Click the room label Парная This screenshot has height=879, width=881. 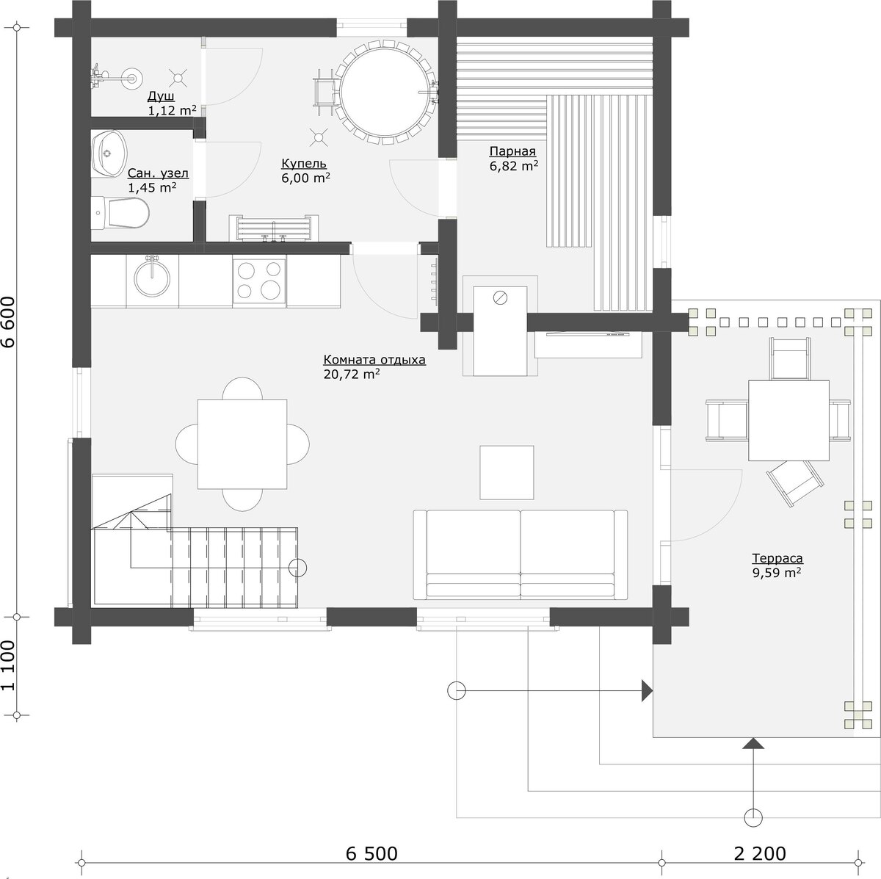click(x=512, y=151)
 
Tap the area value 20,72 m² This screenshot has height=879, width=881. click(x=352, y=374)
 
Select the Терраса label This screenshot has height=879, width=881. click(x=777, y=558)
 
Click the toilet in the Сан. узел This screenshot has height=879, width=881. click(x=120, y=213)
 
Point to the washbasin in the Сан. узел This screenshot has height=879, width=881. click(x=109, y=153)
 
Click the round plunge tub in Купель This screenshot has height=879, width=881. click(x=383, y=92)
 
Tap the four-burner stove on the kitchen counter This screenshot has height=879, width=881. click(x=259, y=280)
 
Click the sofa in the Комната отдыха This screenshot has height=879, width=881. click(x=521, y=554)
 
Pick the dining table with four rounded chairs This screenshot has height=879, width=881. click(x=242, y=444)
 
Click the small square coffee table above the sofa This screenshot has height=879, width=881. click(x=507, y=472)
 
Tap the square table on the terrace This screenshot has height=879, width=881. click(x=788, y=420)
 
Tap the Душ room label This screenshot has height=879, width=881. click(x=161, y=96)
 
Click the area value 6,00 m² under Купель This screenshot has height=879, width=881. click(x=306, y=178)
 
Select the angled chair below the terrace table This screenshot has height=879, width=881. click(x=795, y=483)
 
